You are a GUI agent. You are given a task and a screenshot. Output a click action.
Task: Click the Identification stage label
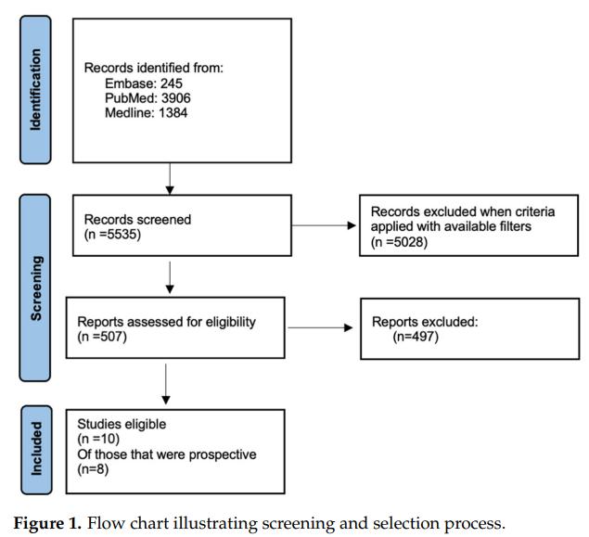coord(35,80)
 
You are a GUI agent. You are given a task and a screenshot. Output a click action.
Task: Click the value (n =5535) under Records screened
coord(116,236)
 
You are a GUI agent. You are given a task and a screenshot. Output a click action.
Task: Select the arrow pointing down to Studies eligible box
coord(164,382)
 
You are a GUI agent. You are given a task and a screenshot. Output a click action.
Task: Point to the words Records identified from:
coord(153,68)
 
